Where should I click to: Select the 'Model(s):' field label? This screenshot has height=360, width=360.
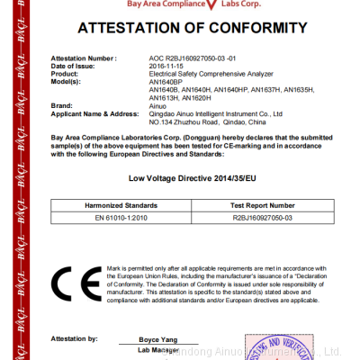click(x=67, y=81)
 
